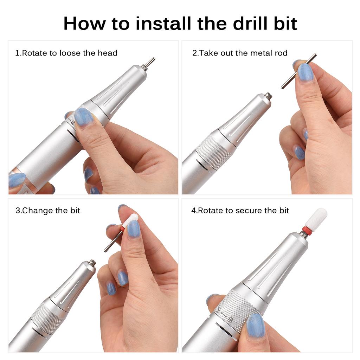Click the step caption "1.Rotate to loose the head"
coord(66,53)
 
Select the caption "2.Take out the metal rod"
coord(240,53)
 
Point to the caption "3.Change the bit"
coord(47,211)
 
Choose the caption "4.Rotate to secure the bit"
coord(240,211)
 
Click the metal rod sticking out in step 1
coord(150,62)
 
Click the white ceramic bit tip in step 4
coord(316,218)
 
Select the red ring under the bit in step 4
coord(307,231)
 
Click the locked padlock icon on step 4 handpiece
coord(230,320)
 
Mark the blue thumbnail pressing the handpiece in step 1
coord(83,117)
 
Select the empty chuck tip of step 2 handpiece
coord(268,95)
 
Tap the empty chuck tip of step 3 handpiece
coord(92,263)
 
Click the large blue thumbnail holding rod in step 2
coord(305,72)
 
